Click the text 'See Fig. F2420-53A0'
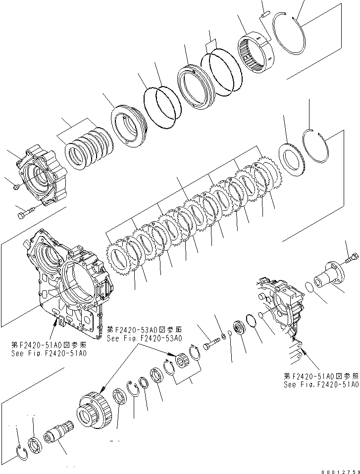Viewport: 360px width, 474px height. click(145, 338)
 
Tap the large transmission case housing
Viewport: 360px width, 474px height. click(69, 277)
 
